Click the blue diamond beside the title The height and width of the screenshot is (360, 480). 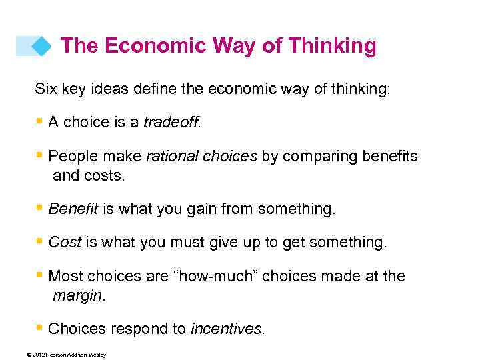point(42,46)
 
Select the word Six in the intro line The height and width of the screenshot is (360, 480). point(46,88)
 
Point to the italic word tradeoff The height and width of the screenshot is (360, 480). point(171,123)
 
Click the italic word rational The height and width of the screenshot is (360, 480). point(167,157)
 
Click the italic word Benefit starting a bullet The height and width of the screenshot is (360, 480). point(73,209)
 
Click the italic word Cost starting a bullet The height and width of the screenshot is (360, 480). point(65,243)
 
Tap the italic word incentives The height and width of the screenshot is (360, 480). point(227,329)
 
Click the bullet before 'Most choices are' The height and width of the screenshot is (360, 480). point(41,275)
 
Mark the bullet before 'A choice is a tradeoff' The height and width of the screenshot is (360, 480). point(41,121)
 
